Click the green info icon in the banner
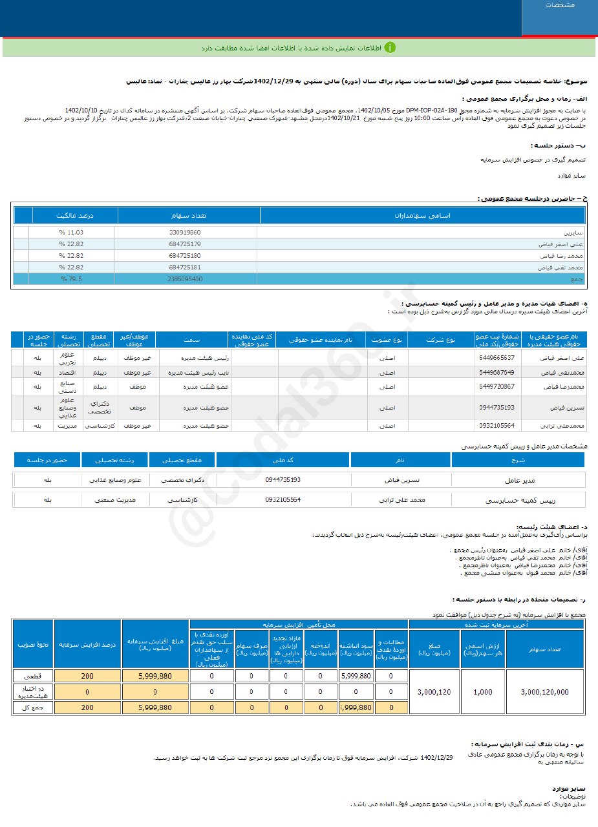click(390, 48)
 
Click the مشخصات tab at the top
click(560, 5)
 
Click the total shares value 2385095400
click(186, 279)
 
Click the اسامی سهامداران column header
click(422, 215)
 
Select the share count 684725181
click(185, 267)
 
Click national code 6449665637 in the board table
click(497, 357)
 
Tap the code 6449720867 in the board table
click(497, 386)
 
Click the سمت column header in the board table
click(191, 339)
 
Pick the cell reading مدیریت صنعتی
click(116, 500)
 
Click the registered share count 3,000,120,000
click(544, 691)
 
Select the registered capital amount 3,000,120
click(434, 691)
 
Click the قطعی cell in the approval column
click(32, 676)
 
